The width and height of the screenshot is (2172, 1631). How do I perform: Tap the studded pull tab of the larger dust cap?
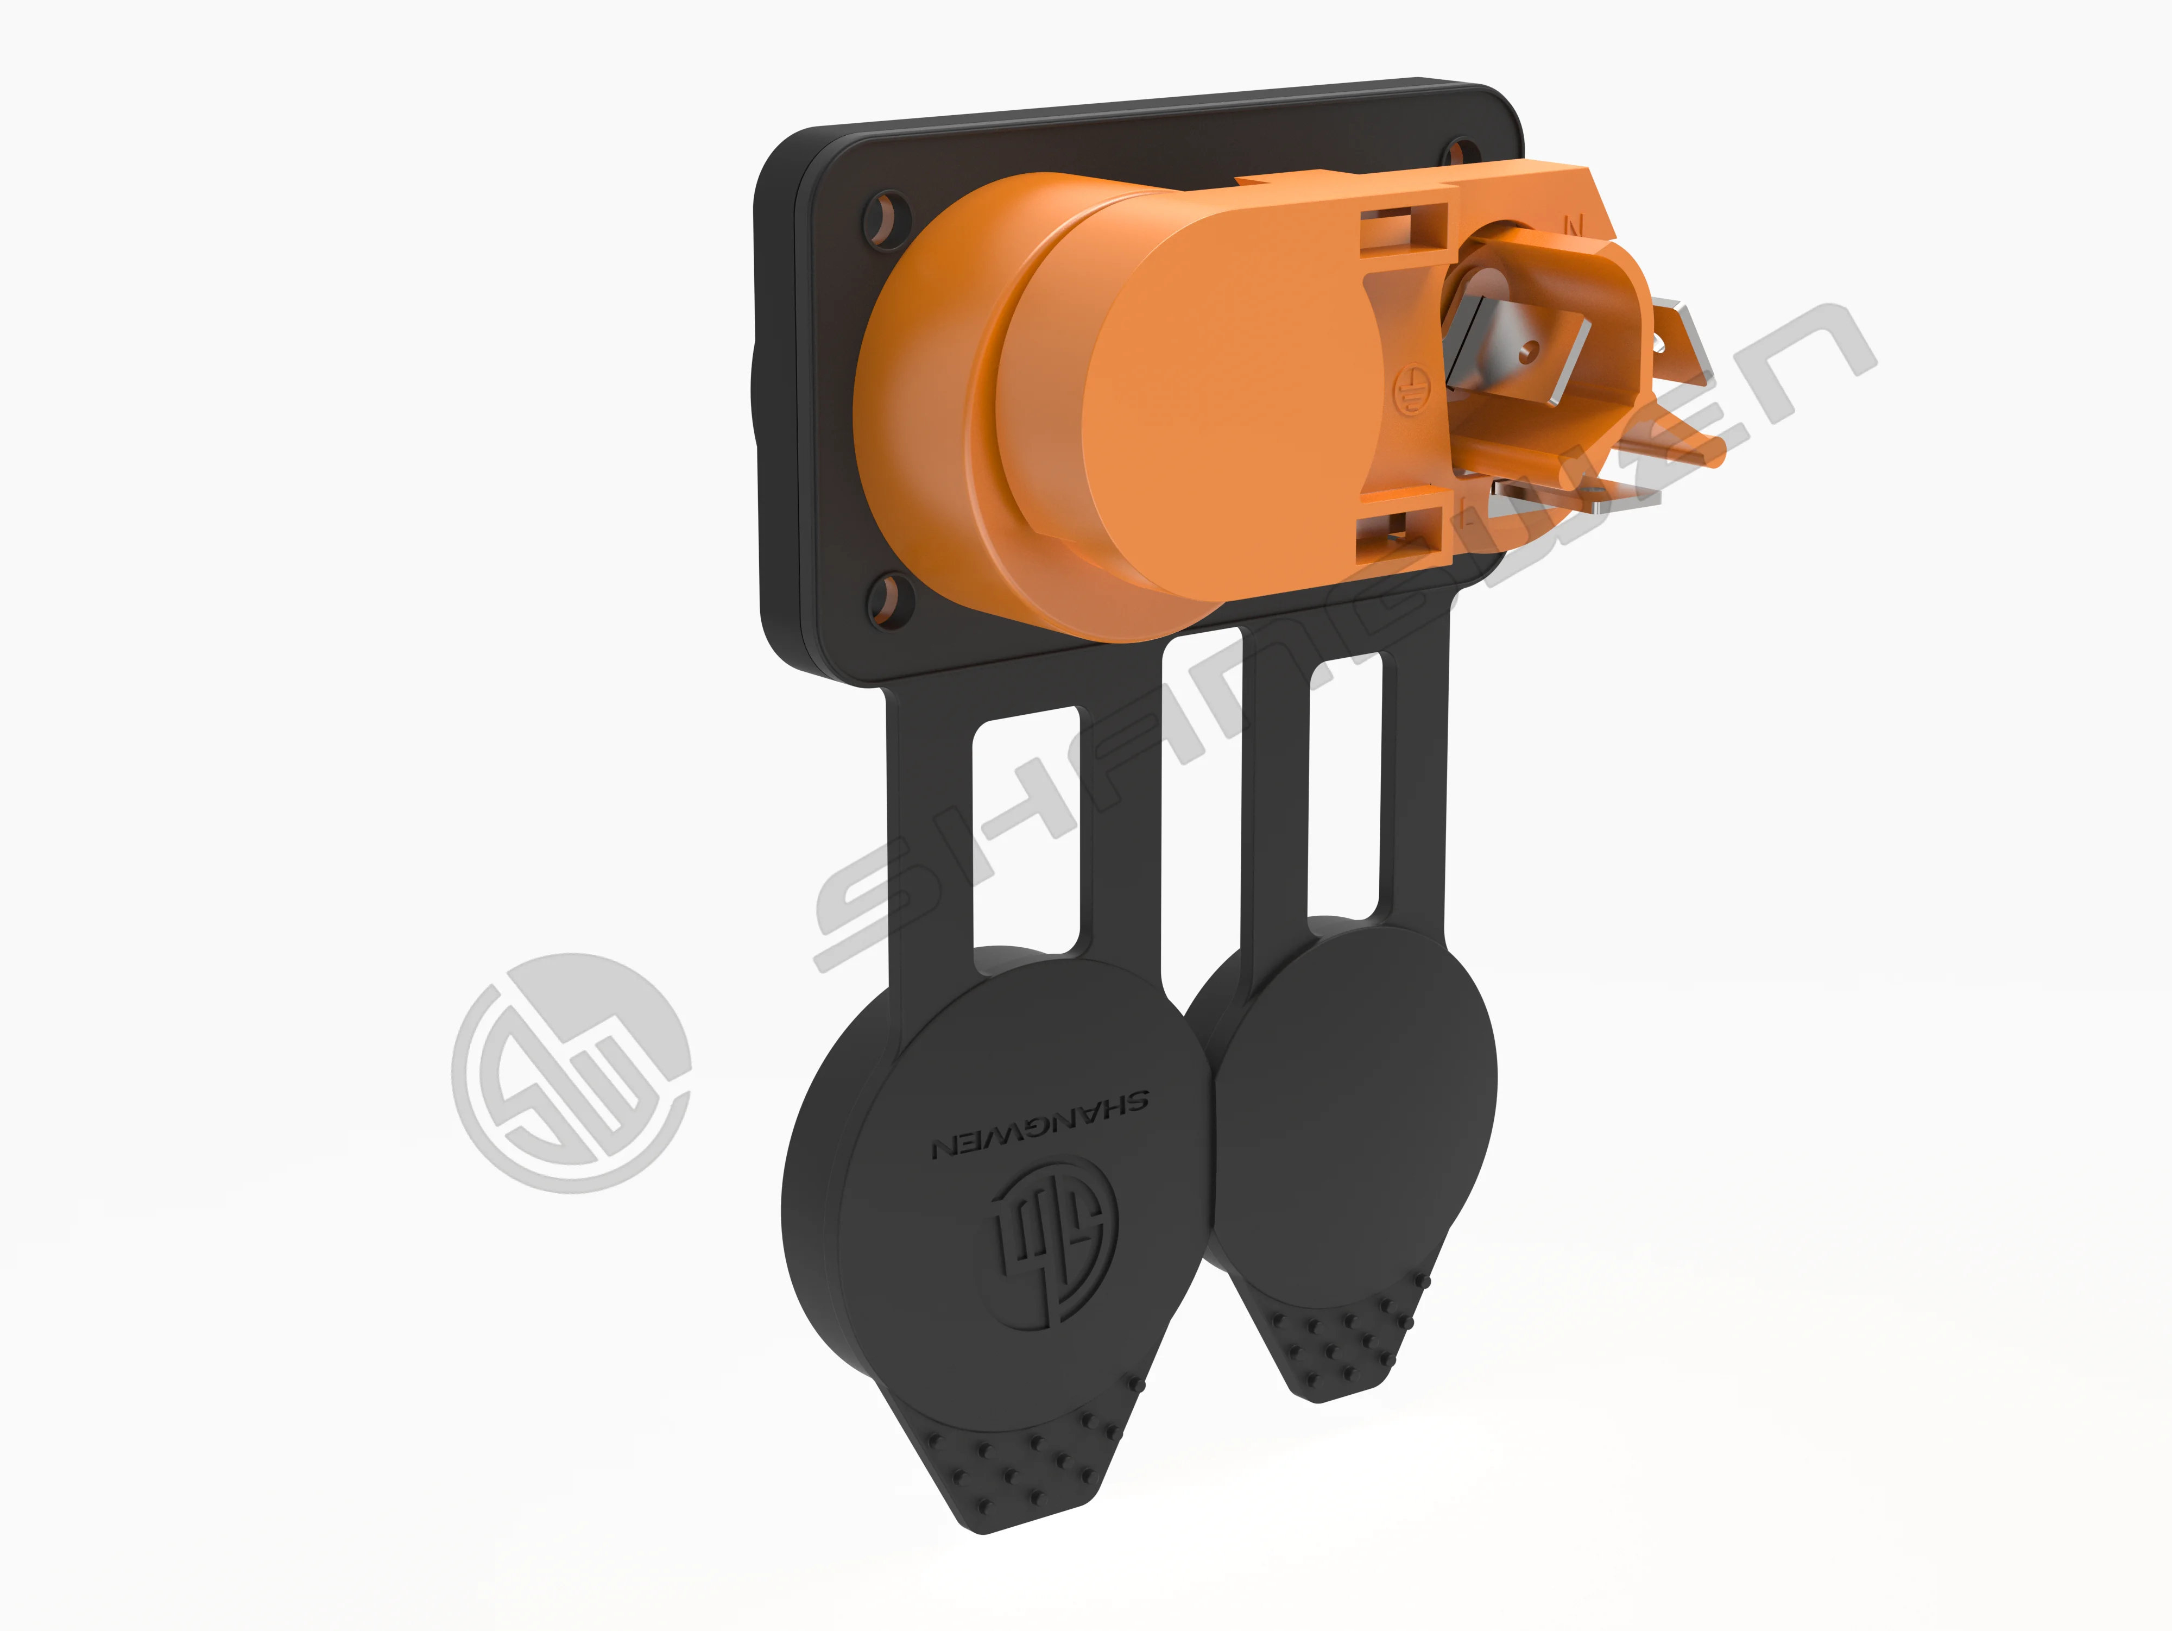click(x=1021, y=1473)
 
